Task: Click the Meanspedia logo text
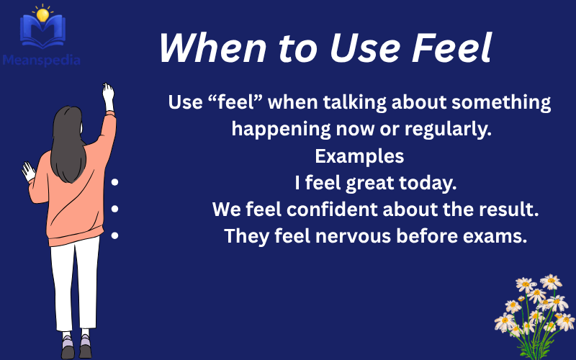click(42, 60)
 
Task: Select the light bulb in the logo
click(42, 14)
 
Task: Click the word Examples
click(359, 156)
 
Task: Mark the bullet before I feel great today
click(115, 183)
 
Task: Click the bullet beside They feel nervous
click(115, 235)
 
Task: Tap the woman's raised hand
click(108, 96)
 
